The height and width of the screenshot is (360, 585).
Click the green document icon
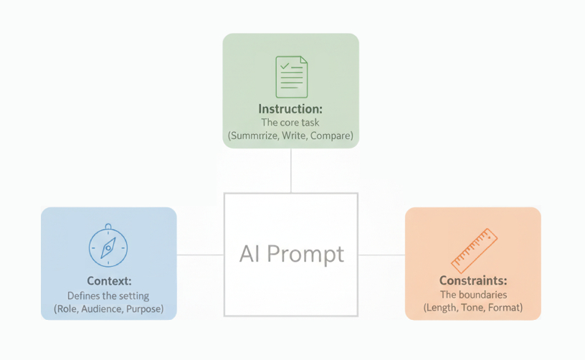click(291, 77)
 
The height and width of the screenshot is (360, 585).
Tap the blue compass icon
click(108, 246)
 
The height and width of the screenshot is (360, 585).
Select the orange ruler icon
click(473, 248)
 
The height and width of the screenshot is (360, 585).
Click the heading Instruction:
click(290, 109)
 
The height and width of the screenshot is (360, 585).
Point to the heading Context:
click(108, 280)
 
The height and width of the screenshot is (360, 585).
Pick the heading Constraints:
click(473, 280)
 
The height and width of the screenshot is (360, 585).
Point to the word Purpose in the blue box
click(144, 309)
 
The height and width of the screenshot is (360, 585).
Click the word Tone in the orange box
click(475, 308)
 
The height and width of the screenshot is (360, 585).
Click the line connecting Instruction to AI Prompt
click(290, 170)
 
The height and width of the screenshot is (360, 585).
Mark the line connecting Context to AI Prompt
click(200, 255)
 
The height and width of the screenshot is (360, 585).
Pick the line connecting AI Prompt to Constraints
click(381, 255)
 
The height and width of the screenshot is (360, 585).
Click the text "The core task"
click(290, 123)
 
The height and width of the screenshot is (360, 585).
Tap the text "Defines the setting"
click(108, 295)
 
